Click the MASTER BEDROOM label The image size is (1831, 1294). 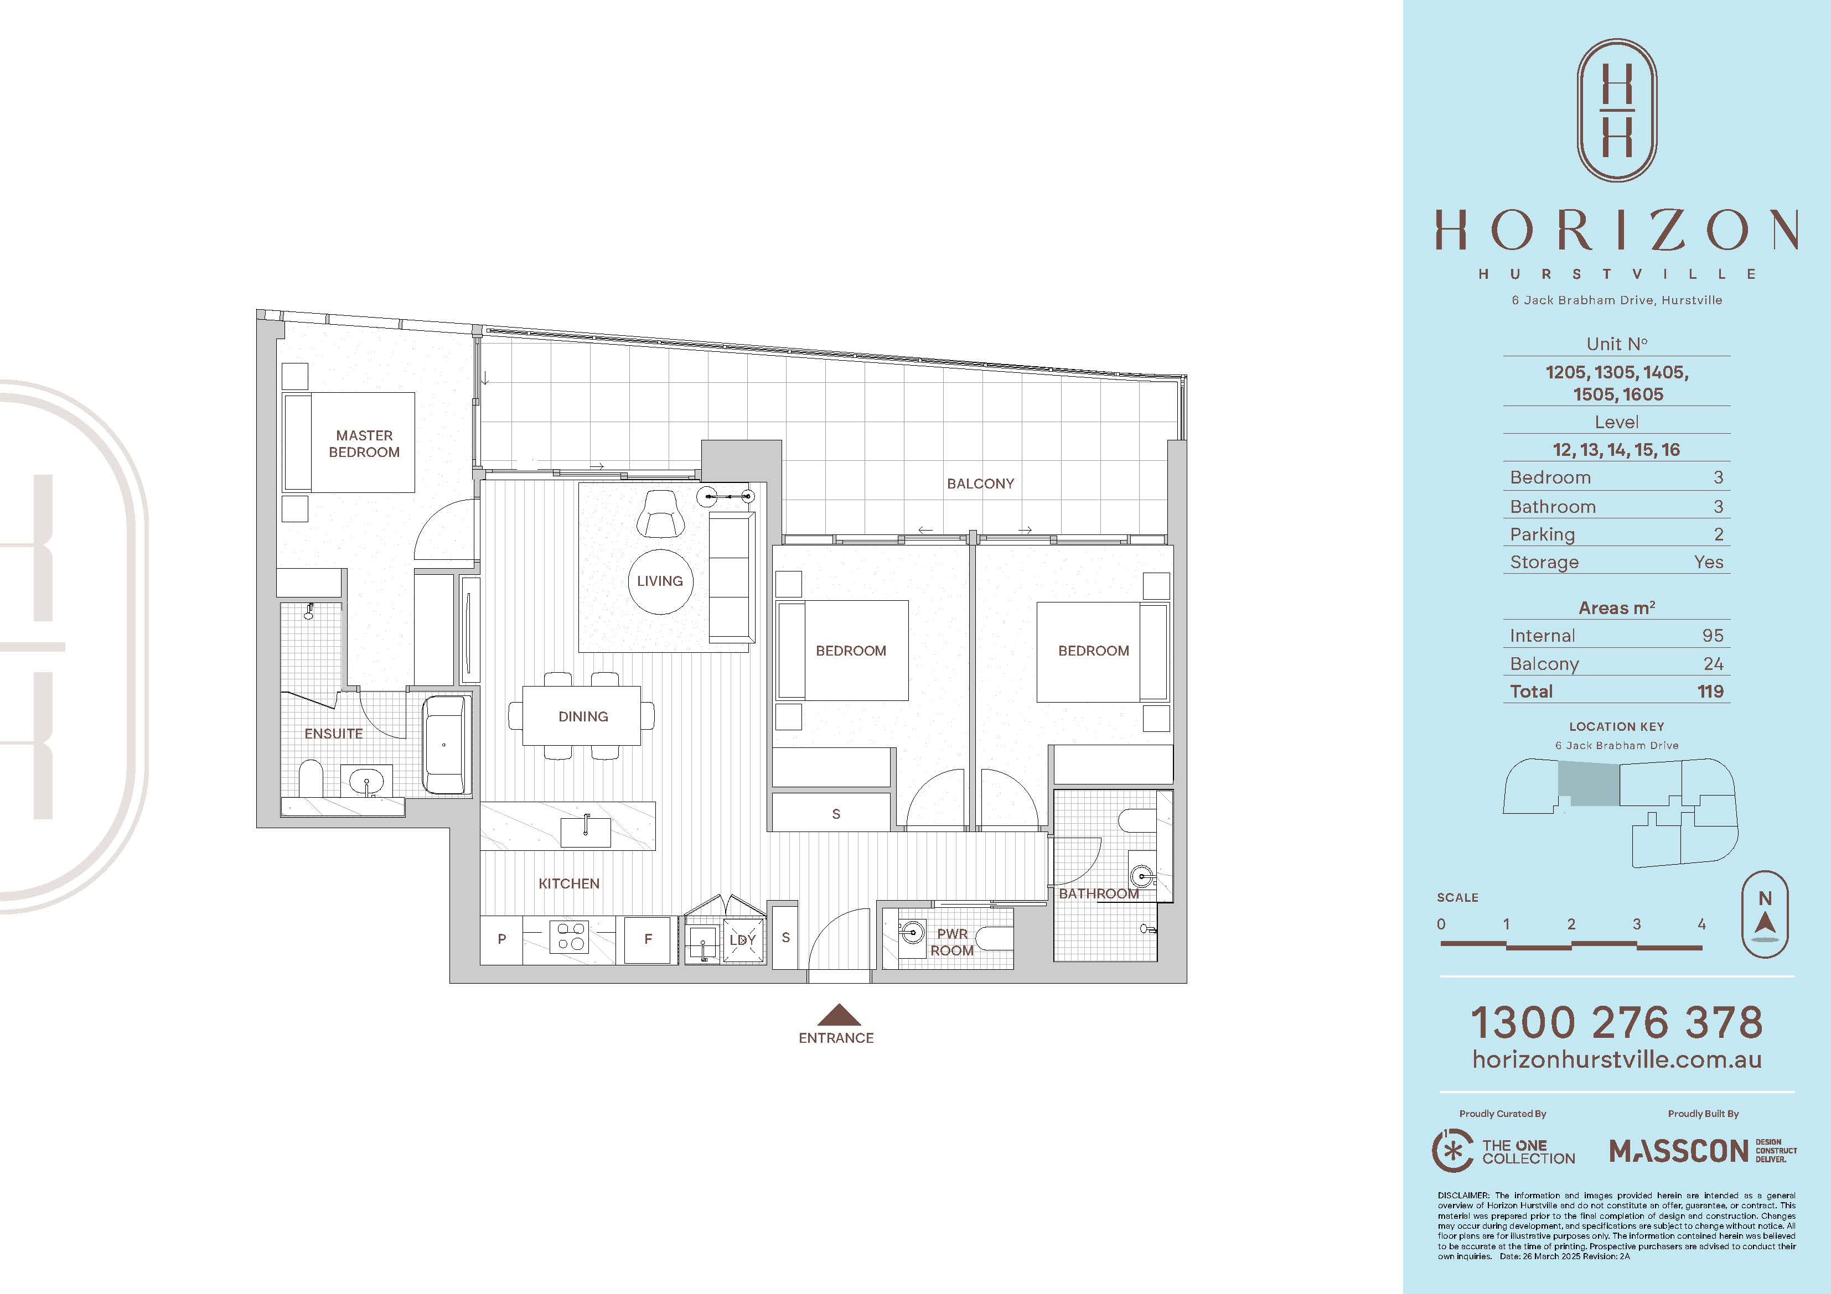point(364,443)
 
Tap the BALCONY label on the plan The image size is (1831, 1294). point(980,483)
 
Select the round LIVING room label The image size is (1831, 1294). point(660,581)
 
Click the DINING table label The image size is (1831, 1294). point(583,716)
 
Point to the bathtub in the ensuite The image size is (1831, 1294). point(444,745)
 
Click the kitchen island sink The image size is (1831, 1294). point(586,832)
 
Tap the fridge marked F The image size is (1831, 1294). point(648,939)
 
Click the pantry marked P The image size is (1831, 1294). point(501,939)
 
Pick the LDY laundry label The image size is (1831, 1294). point(742,940)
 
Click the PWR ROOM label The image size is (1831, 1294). point(952,942)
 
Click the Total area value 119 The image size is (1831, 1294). point(1710,691)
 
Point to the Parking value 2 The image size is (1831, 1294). point(1719,534)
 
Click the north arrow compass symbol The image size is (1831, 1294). point(1765,914)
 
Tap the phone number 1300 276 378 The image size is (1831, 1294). point(1616,1022)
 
